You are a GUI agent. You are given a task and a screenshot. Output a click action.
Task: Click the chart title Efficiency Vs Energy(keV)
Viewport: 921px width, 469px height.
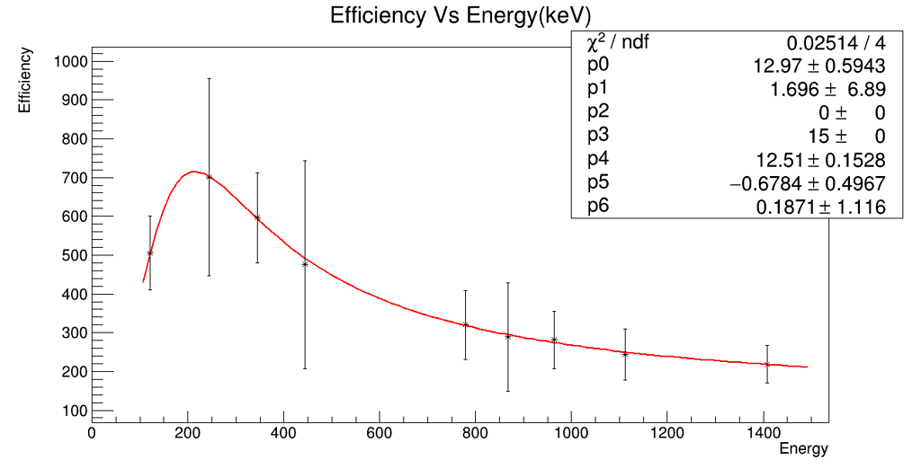pyautogui.click(x=460, y=16)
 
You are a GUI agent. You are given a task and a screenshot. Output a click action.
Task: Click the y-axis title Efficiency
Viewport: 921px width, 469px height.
pyautogui.click(x=25, y=80)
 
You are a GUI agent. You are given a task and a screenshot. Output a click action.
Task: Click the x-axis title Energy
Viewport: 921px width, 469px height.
pyautogui.click(x=803, y=448)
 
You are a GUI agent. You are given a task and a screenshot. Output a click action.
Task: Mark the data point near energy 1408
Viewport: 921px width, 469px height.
pyautogui.click(x=766, y=364)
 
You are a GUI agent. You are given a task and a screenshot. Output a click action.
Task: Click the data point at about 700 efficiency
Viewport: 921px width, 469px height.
pyautogui.click(x=209, y=177)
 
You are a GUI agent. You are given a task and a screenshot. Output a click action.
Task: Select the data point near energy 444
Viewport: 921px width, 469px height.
pyautogui.click(x=305, y=264)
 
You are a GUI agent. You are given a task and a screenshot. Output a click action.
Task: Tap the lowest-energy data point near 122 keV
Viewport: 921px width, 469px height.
pyautogui.click(x=150, y=252)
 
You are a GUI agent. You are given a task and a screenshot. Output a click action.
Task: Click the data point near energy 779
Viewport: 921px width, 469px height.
pyautogui.click(x=465, y=324)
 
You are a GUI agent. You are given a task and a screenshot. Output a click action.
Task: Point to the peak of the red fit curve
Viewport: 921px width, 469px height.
pyautogui.click(x=192, y=172)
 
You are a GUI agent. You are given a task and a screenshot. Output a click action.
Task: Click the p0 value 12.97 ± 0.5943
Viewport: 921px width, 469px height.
pyautogui.click(x=818, y=66)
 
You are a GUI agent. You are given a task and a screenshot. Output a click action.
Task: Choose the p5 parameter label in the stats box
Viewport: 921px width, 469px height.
pyautogui.click(x=598, y=183)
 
